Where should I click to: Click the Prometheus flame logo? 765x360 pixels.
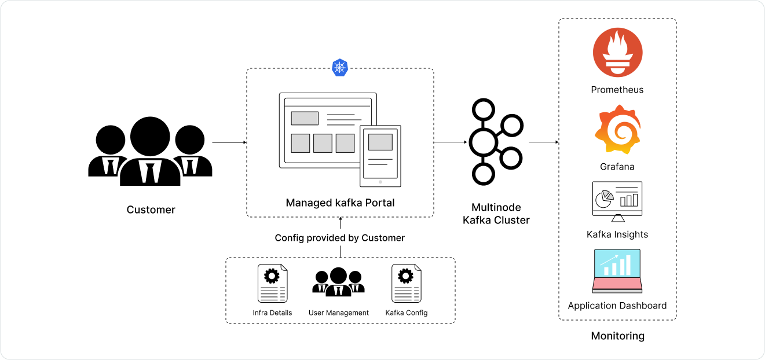click(617, 53)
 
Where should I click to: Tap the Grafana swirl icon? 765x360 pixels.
click(617, 130)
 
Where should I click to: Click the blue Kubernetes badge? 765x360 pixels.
click(340, 67)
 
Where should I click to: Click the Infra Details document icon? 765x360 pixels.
click(272, 284)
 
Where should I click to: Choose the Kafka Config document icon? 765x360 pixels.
click(407, 284)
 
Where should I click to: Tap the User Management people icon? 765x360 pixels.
click(339, 282)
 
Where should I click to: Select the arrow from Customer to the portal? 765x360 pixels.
click(229, 142)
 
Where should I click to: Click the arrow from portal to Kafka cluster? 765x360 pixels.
click(451, 142)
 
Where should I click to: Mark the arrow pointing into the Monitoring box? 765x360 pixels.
click(543, 142)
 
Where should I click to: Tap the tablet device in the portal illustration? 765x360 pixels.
click(380, 156)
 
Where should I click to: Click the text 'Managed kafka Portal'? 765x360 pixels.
click(340, 203)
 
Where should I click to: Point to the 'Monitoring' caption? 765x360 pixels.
click(617, 336)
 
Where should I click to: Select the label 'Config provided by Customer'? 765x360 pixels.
click(340, 238)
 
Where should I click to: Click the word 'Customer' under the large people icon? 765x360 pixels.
click(151, 210)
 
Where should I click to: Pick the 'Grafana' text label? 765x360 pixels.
click(617, 167)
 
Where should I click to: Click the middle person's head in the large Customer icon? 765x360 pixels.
click(150, 137)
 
